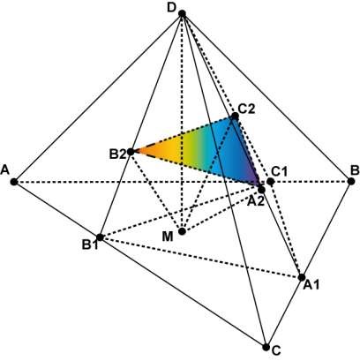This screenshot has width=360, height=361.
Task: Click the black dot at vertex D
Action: (182, 13)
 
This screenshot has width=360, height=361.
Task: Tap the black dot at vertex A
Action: (14, 182)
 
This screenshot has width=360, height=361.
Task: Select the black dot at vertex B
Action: (350, 181)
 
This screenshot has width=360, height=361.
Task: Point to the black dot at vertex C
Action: (266, 347)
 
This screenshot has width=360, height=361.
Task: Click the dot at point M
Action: (182, 231)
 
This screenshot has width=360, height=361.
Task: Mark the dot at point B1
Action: (100, 237)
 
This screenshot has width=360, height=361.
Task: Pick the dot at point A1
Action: (302, 277)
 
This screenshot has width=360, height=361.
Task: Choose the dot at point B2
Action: (131, 152)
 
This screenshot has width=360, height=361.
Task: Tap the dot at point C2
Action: (235, 117)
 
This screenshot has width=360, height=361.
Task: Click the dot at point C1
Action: (271, 182)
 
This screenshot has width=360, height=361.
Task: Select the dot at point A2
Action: (261, 190)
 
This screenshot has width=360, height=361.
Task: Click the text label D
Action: (171, 8)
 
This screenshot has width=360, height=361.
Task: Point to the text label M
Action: (168, 237)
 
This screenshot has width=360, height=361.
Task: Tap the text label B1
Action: (90, 244)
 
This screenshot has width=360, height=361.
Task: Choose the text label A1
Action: (311, 284)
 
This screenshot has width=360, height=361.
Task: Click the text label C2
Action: (246, 109)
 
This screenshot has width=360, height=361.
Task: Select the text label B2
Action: (117, 154)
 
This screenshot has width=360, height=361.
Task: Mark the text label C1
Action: (279, 171)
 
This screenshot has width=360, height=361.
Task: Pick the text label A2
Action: (256, 201)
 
